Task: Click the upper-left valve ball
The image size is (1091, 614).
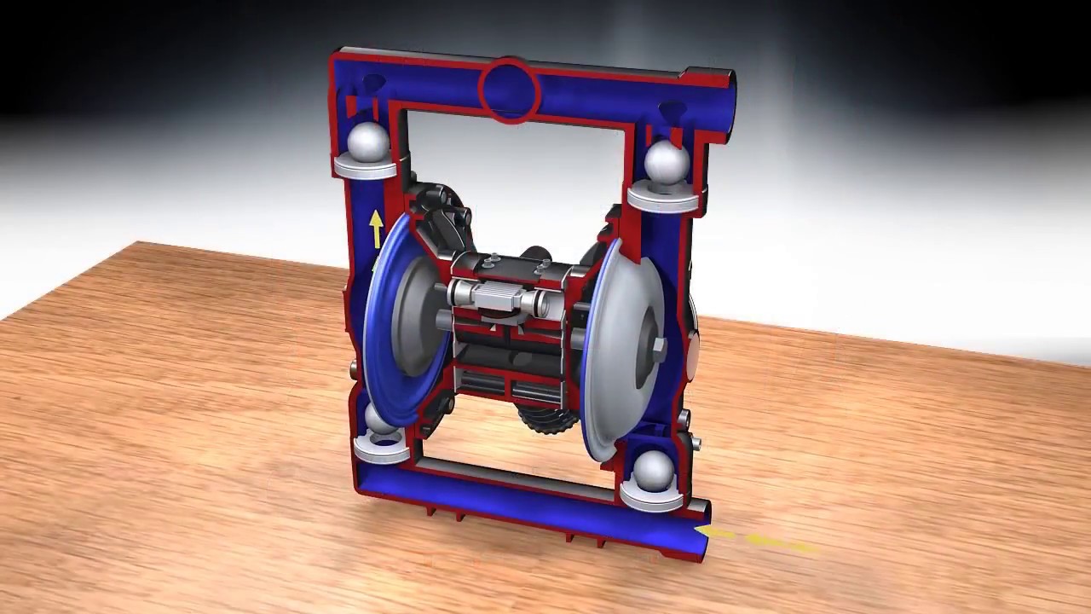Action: click(368, 139)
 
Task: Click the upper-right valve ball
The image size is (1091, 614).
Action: click(666, 163)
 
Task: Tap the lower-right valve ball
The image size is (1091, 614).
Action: click(654, 472)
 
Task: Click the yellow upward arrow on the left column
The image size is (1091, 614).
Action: click(375, 229)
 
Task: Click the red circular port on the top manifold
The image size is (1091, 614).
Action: click(509, 90)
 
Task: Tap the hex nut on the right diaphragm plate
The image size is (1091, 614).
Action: click(659, 346)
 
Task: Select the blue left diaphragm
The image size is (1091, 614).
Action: click(379, 341)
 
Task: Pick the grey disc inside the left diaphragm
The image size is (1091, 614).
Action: click(417, 316)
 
